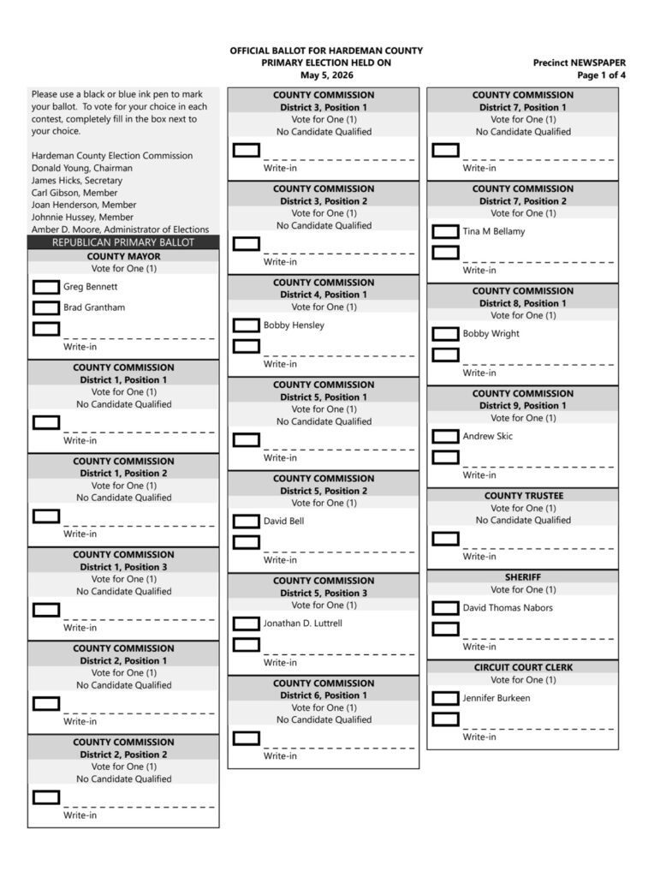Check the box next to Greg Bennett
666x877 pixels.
tap(46, 287)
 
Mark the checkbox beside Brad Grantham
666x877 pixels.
tap(46, 307)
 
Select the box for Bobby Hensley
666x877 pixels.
tap(247, 325)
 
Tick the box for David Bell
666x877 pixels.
tap(247, 521)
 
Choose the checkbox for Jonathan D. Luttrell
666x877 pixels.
tap(247, 623)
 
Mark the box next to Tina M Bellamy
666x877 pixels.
tap(445, 231)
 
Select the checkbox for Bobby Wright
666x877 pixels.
tap(445, 334)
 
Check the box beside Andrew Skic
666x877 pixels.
tap(445, 437)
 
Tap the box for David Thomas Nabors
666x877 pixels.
tap(445, 608)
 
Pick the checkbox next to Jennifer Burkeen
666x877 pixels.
tap(445, 698)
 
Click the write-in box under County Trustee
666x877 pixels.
tap(445, 539)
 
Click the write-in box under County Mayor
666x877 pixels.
tap(46, 329)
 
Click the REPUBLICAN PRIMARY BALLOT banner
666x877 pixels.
tap(123, 242)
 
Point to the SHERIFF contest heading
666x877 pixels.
tap(522, 577)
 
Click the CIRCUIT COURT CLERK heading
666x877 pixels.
tap(522, 667)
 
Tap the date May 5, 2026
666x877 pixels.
tap(326, 75)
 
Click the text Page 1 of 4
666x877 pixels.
tap(601, 75)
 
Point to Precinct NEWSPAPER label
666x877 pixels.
tap(579, 63)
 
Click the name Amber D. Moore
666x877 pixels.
tap(62, 230)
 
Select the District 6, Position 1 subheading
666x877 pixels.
tap(323, 695)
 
